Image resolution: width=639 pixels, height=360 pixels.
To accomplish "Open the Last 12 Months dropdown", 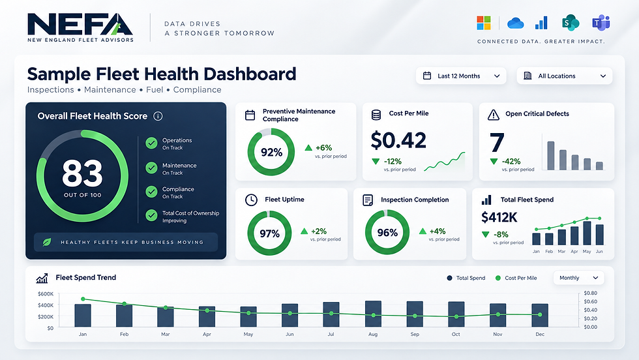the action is tap(461, 76).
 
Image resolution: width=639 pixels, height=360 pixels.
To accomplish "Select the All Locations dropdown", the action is tap(565, 76).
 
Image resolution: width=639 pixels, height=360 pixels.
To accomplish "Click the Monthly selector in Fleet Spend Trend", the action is tap(578, 278).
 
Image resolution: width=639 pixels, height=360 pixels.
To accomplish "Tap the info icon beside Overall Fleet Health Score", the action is tap(158, 116).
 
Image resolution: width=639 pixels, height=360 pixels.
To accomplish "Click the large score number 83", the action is tap(82, 173).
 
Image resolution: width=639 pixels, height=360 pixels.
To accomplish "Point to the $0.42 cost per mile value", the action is tap(398, 140).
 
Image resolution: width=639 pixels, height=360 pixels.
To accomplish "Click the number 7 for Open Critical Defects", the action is tap(497, 142).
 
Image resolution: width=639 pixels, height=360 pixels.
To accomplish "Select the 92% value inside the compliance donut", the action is tap(271, 153).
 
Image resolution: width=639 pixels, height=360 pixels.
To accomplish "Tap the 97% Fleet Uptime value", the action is tap(269, 233).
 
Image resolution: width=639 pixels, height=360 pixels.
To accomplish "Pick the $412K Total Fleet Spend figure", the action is tap(499, 217).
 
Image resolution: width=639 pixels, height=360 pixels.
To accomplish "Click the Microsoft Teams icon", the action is tap(601, 23).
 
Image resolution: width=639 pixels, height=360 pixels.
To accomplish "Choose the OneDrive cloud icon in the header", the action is tap(516, 23).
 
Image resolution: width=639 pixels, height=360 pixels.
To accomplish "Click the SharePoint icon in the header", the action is tap(571, 23).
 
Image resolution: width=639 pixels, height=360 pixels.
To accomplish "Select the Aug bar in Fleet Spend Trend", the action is tap(373, 314).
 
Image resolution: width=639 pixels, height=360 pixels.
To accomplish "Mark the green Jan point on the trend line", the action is tap(83, 299).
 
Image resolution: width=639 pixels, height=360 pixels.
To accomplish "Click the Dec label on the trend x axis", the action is tap(540, 335).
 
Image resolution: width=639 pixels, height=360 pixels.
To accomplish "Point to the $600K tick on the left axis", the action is tap(45, 294).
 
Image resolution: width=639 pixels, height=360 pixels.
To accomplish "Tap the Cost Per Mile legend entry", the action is tap(516, 278).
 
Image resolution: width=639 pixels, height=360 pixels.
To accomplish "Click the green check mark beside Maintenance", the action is tap(151, 168).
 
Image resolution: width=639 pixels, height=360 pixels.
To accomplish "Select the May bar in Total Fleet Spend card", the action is tap(587, 233).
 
